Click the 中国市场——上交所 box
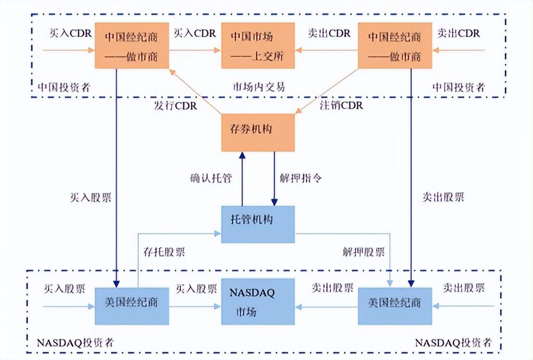pos(258,45)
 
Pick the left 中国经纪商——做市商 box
pos(132,45)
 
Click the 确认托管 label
pos(211,178)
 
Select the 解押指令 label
pos(301,178)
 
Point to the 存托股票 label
pos(164,252)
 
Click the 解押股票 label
pos(364,252)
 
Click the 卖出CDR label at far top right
pos(458,34)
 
